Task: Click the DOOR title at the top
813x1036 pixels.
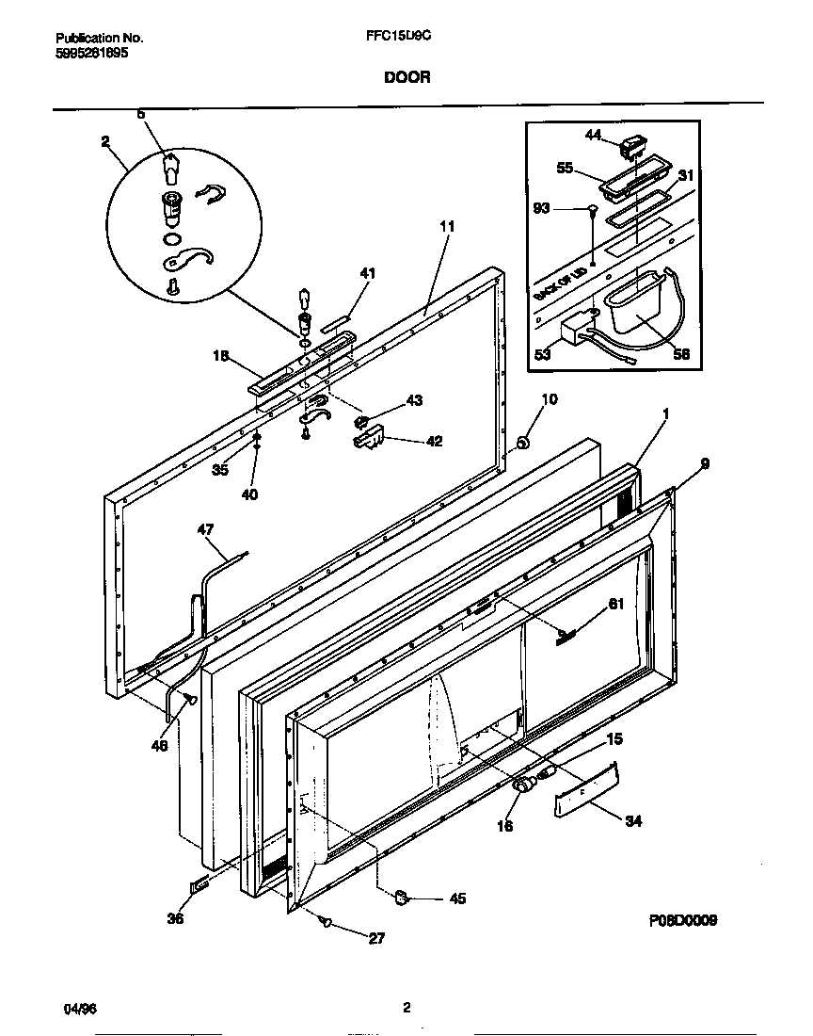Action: pos(406,78)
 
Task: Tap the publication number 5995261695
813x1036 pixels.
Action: pos(92,54)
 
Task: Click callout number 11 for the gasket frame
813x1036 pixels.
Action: pos(447,226)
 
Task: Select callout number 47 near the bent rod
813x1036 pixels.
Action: pos(206,529)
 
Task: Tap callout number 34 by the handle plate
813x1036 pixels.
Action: pos(633,821)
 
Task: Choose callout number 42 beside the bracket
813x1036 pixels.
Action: pos(434,440)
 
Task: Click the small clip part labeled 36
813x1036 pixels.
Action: pos(199,884)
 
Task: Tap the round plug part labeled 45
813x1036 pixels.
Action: pos(401,896)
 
